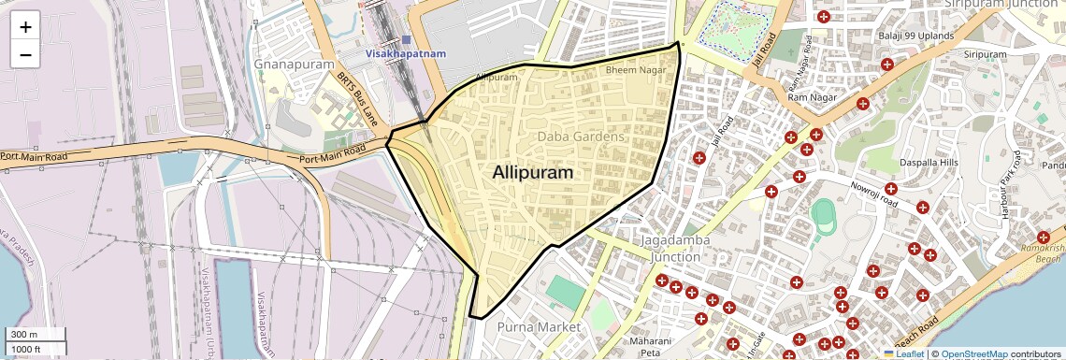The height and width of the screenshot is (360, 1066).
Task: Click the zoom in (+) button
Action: pyautogui.click(x=25, y=26)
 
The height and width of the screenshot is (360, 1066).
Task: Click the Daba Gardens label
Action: pyautogui.click(x=580, y=137)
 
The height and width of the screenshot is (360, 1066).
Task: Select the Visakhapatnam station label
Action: pyautogui.click(x=406, y=54)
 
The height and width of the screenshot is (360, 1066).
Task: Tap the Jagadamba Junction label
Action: pyautogui.click(x=674, y=248)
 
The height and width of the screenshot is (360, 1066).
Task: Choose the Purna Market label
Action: pyautogui.click(x=539, y=327)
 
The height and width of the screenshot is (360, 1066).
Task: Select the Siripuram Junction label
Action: pyautogui.click(x=1001, y=5)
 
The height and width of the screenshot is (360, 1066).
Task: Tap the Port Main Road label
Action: pyautogui.click(x=333, y=154)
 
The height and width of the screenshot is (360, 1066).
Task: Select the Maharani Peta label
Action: pyautogui.click(x=651, y=347)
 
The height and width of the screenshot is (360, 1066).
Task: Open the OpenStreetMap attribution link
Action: pyautogui.click(x=973, y=354)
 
